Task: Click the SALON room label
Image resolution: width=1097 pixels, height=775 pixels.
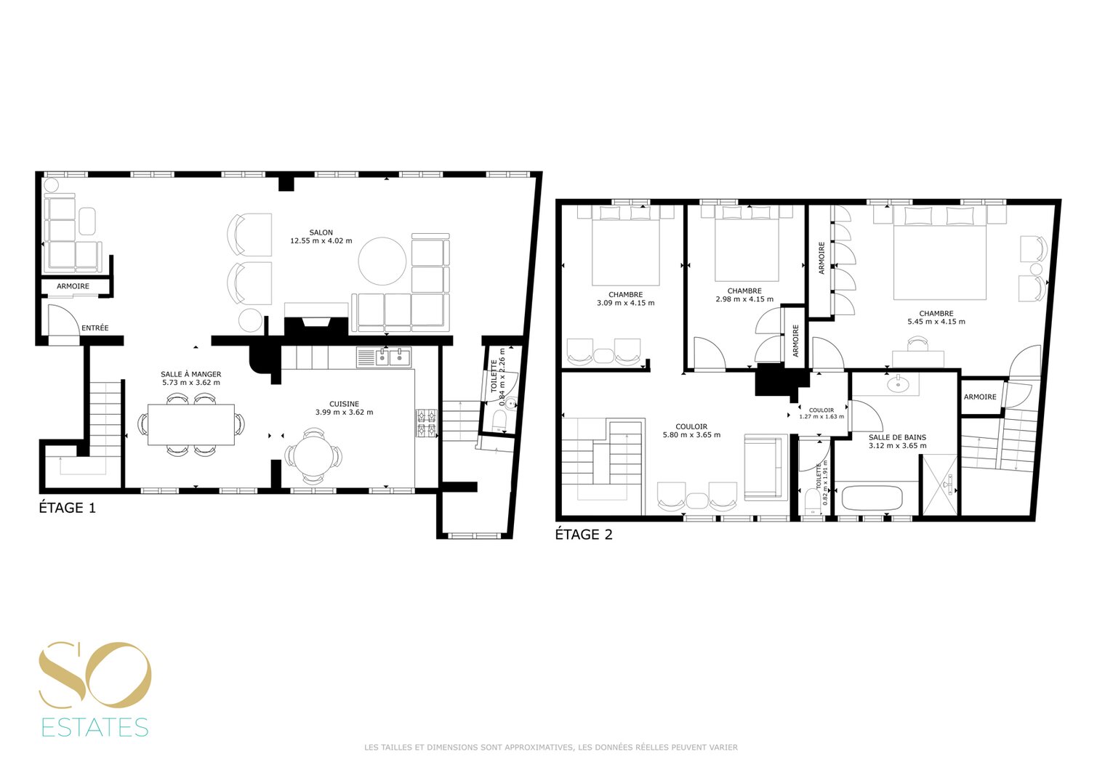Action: coord(321,232)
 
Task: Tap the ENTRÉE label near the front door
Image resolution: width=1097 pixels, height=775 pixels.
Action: coord(95,328)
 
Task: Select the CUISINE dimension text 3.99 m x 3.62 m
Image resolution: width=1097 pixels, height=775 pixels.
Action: coord(345,413)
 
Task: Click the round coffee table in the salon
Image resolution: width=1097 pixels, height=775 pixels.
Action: coord(382,261)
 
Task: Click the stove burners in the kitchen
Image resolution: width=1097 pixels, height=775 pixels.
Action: coord(426,423)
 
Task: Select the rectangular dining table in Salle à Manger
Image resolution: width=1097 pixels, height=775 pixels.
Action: coord(191,425)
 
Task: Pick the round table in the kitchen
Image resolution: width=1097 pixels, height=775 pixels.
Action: coord(313,456)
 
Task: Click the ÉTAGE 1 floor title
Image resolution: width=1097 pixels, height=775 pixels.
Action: coord(67,508)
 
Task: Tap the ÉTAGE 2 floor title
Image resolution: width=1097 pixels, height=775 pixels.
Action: coord(584,535)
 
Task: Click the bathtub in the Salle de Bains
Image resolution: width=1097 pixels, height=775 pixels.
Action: coord(872,498)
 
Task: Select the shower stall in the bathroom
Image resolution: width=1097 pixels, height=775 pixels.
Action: coord(940,485)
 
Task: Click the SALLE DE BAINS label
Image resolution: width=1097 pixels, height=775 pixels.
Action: coord(898,437)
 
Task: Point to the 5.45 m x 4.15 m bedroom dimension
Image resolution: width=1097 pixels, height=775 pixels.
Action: coord(936,322)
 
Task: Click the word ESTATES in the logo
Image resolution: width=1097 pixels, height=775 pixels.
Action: coord(95,728)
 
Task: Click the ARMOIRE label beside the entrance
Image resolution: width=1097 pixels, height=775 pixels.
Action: coord(73,286)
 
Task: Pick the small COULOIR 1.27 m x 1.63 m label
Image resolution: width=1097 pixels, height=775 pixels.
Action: coord(821,413)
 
